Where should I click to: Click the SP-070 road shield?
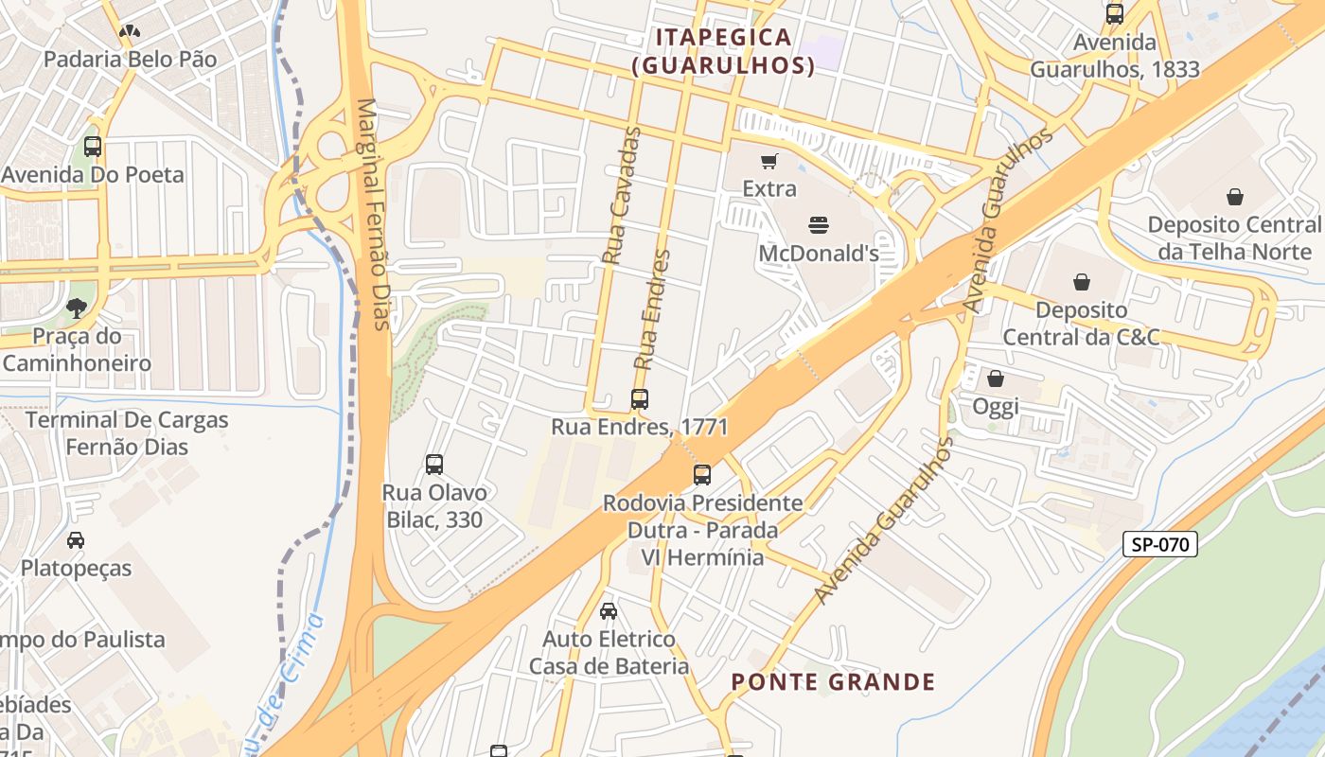pos(1160,544)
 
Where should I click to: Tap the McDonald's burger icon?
pos(819,225)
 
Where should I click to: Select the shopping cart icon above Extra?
pos(769,161)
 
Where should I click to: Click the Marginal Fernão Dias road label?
pos(371,215)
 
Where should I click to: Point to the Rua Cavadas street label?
pos(622,195)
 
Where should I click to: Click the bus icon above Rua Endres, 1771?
pos(640,399)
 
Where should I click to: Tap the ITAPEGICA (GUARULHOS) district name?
pos(724,51)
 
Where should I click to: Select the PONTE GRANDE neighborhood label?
pos(833,681)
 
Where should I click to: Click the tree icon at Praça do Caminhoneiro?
pos(76,308)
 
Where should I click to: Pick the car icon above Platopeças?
pos(76,540)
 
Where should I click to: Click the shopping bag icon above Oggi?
pos(996,379)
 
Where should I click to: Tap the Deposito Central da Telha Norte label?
pos(1233,238)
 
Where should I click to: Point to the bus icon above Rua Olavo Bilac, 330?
pos(434,465)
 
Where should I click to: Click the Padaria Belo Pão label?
pos(130,59)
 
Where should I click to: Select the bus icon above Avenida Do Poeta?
pos(93,147)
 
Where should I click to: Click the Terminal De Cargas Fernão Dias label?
pos(126,432)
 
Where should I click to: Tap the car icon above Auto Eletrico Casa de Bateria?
pos(609,611)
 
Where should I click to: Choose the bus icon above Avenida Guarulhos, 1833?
pos(1115,14)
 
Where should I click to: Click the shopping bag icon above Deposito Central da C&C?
pos(1081,282)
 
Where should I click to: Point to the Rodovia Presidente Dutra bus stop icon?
pos(702,475)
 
